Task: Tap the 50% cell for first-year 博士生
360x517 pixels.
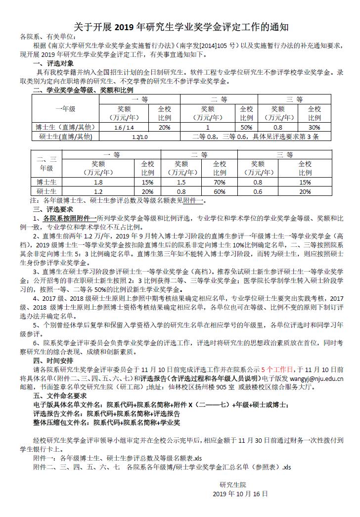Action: pyautogui.click(x=246, y=127)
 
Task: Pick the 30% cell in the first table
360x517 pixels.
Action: pyautogui.click(x=315, y=127)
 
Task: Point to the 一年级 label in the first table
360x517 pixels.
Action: pyautogui.click(x=65, y=108)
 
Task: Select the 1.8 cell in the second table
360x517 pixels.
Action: pyautogui.click(x=98, y=182)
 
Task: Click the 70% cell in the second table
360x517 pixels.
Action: pyautogui.click(x=220, y=182)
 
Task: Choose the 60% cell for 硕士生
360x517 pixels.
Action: pyautogui.click(x=220, y=191)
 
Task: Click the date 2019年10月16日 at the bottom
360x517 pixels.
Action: pyautogui.click(x=241, y=494)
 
